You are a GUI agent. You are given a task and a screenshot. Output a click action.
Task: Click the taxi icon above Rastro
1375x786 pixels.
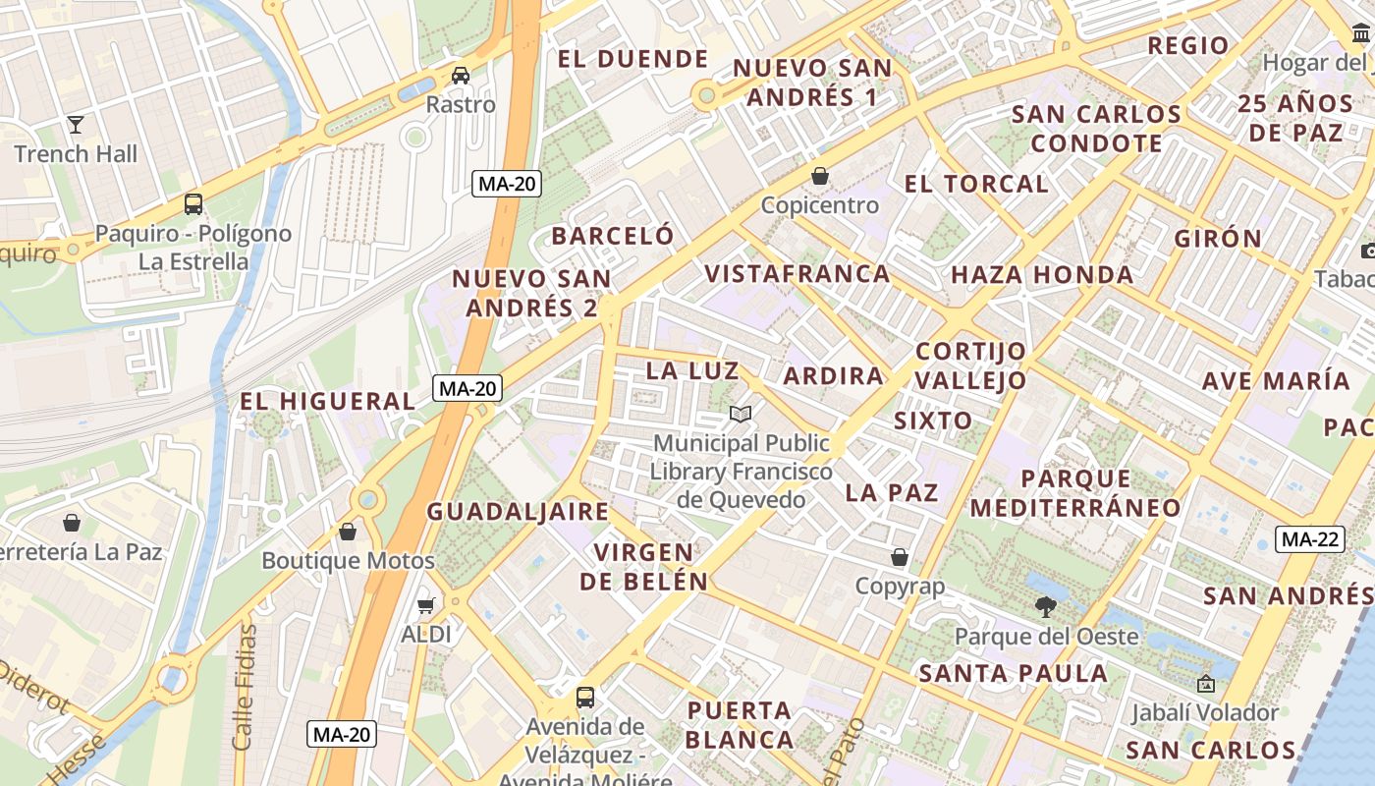tap(461, 76)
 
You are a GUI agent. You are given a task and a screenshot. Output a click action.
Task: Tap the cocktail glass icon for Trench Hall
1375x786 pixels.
tap(76, 125)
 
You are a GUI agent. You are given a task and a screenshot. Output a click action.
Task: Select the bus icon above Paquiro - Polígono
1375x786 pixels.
tap(193, 204)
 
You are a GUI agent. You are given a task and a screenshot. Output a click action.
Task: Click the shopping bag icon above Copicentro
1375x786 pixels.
tap(820, 176)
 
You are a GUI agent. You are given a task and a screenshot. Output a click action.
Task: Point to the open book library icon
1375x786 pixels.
tap(742, 415)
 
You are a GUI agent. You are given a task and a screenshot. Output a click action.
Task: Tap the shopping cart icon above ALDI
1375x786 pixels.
tap(425, 604)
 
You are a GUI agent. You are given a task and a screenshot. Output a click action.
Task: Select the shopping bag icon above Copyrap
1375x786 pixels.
tap(899, 558)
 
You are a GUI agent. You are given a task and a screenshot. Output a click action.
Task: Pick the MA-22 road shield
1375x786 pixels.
tap(1310, 539)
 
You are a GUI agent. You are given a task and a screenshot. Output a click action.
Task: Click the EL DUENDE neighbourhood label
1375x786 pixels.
tap(632, 59)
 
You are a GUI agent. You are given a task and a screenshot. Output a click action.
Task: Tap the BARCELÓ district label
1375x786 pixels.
tap(613, 236)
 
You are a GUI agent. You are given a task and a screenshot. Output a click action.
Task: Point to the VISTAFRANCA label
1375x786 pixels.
tap(797, 274)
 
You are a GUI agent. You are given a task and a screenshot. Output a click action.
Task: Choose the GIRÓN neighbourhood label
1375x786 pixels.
tap(1218, 238)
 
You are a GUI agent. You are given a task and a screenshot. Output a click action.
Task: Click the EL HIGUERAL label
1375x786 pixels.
tap(328, 401)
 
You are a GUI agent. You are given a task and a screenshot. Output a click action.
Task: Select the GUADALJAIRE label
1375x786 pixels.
tap(518, 511)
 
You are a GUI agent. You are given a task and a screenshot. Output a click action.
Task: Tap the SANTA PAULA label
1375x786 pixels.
tap(1013, 674)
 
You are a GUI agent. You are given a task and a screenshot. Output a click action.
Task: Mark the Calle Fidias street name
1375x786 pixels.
tap(244, 688)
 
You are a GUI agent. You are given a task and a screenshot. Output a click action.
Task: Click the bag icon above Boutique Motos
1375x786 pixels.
tap(348, 532)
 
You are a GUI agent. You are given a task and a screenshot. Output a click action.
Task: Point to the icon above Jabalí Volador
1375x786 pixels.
tap(1205, 684)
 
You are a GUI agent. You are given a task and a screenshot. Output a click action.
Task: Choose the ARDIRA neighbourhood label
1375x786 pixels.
tap(834, 375)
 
